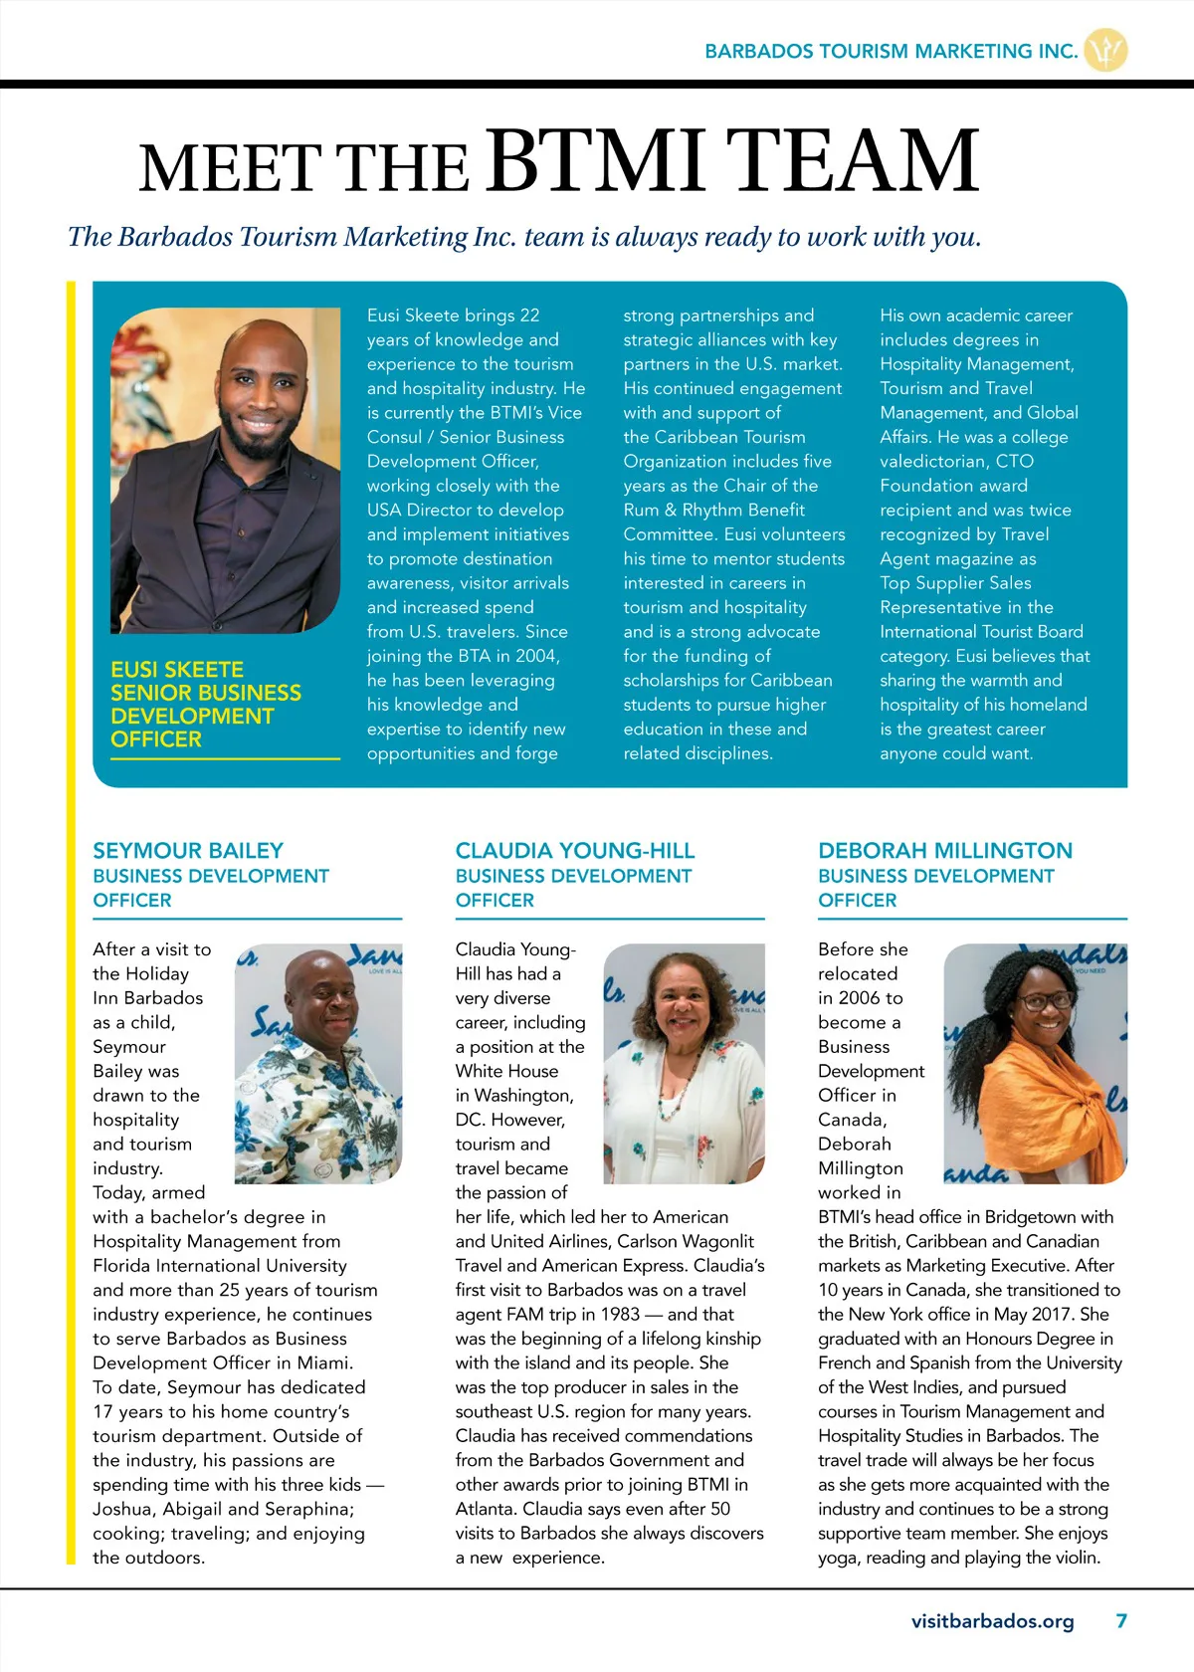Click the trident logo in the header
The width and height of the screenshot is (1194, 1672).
[1104, 50]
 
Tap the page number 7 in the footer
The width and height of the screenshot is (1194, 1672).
[1121, 1621]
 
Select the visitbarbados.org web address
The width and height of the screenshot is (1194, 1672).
[992, 1621]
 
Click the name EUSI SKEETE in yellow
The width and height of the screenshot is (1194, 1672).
[177, 670]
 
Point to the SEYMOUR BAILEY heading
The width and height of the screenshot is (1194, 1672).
[188, 851]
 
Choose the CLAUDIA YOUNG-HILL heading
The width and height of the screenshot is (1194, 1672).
[575, 851]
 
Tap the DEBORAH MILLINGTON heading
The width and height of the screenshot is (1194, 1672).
[945, 851]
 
